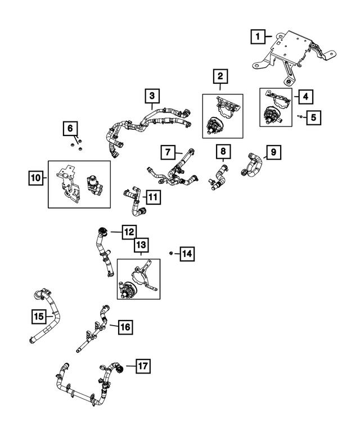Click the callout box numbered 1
258,36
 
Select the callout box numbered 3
152,96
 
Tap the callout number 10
36,178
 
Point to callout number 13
141,245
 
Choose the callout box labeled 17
143,366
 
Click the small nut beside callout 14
170,253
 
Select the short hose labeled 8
218,177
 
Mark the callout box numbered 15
39,316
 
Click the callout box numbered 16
125,327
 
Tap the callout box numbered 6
70,128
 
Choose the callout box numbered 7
168,152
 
